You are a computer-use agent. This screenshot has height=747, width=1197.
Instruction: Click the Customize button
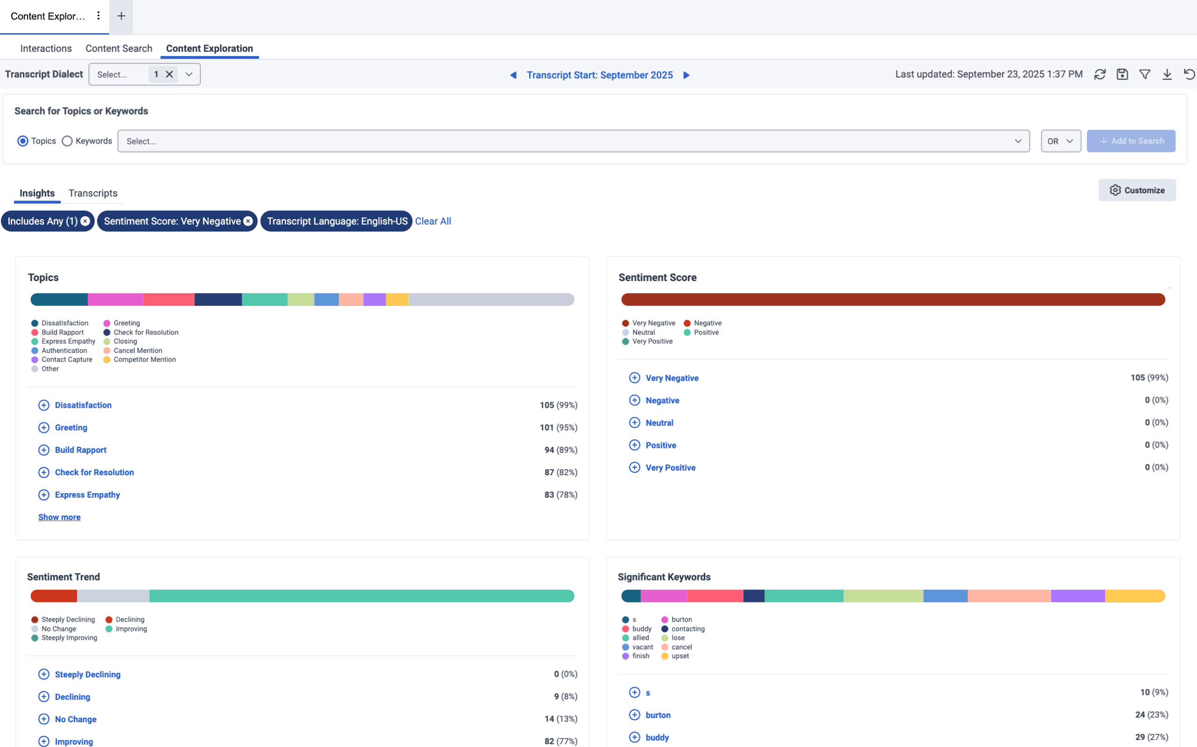click(x=1137, y=190)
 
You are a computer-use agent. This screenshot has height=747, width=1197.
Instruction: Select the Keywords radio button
click(x=67, y=141)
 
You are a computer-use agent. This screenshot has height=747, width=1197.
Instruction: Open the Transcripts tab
click(x=93, y=193)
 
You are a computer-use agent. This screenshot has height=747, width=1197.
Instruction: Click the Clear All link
click(x=433, y=221)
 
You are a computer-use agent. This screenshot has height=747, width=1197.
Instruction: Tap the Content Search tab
click(x=118, y=49)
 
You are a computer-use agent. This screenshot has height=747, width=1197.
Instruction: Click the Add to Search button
click(x=1131, y=141)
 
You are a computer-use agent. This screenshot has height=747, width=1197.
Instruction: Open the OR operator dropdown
click(x=1060, y=141)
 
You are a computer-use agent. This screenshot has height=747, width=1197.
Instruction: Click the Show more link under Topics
click(x=59, y=517)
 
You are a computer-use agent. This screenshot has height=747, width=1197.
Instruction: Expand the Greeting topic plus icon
click(x=44, y=428)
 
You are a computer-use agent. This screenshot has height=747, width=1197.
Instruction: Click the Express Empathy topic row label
click(x=87, y=494)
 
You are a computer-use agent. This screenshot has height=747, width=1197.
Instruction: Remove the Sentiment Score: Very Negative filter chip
click(x=248, y=221)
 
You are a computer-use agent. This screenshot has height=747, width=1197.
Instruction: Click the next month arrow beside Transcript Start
click(x=686, y=75)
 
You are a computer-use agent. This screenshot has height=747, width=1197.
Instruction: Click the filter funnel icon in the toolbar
click(x=1144, y=74)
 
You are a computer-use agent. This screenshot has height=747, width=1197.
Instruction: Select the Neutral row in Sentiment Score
click(x=659, y=423)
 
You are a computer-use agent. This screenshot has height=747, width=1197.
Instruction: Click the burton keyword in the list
click(x=658, y=715)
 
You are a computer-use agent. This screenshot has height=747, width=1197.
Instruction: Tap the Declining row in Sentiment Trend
click(x=72, y=696)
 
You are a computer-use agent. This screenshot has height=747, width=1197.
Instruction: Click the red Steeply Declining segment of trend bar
click(x=53, y=596)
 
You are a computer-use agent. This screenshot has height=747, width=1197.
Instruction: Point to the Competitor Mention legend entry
click(x=144, y=360)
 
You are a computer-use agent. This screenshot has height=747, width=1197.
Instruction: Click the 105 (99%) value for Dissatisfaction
click(x=558, y=405)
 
